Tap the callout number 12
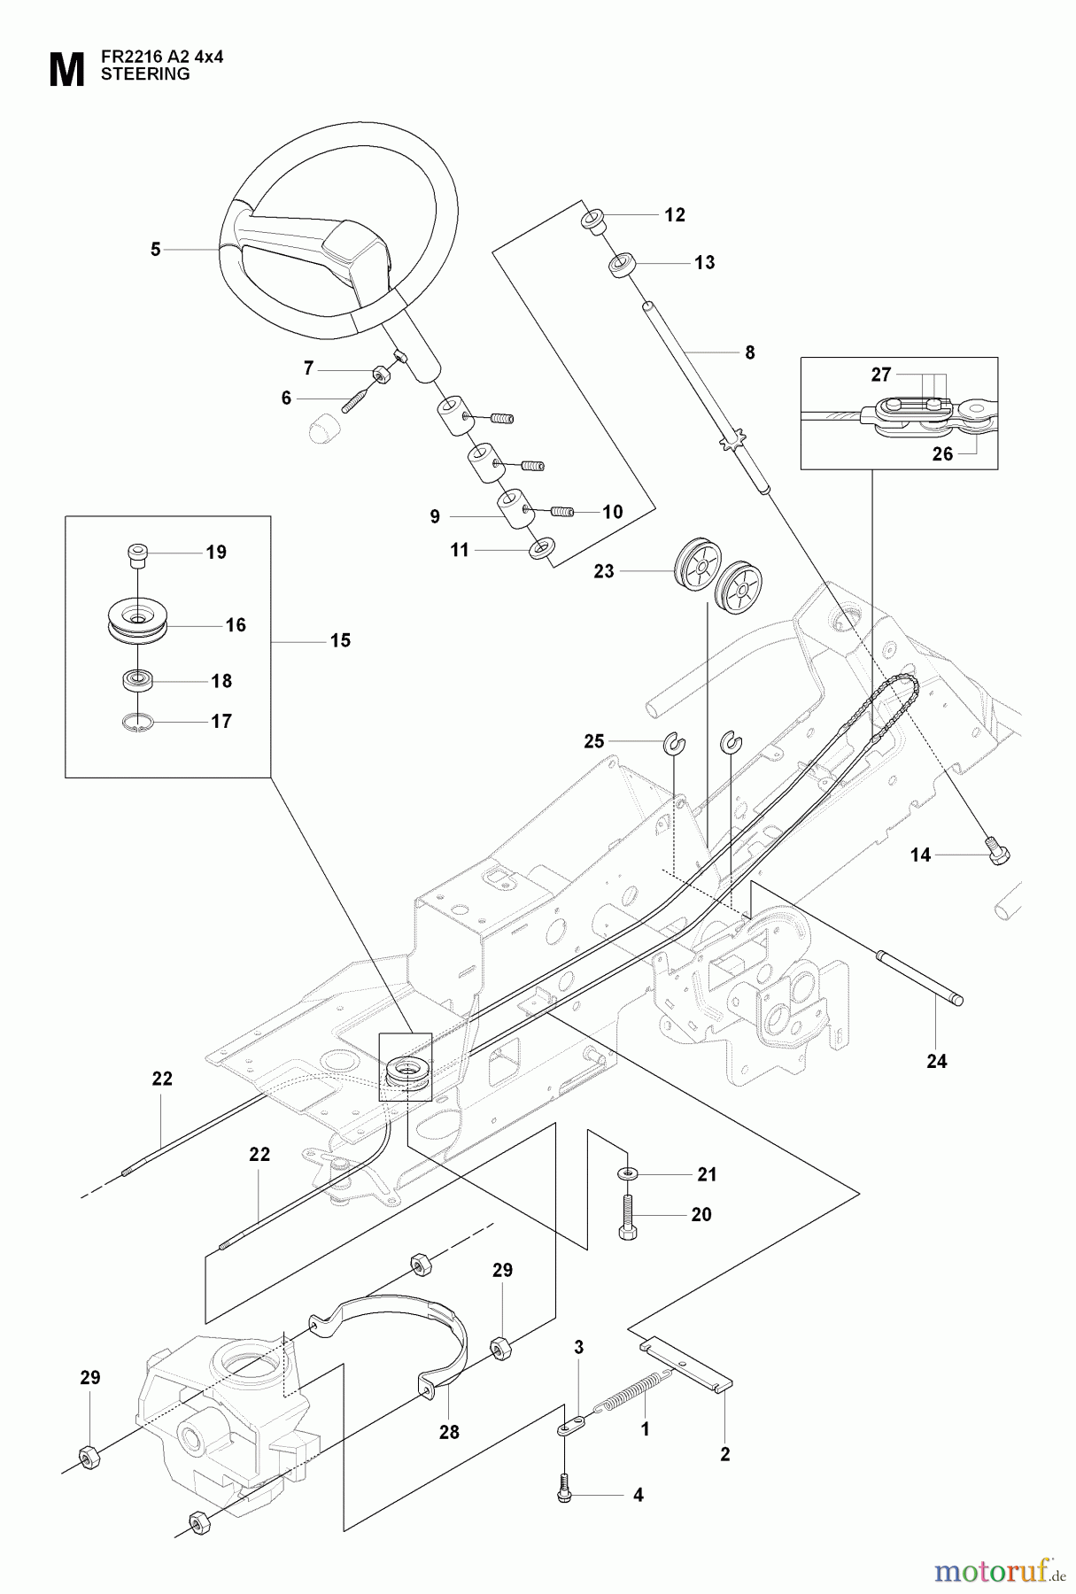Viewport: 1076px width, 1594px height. [x=675, y=215]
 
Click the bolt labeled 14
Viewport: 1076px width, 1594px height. [x=997, y=852]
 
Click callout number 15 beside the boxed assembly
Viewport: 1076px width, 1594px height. [x=340, y=640]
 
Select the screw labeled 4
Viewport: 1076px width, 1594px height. [x=563, y=1491]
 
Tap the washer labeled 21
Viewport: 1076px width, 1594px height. [x=627, y=1173]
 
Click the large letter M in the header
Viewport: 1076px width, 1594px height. [x=66, y=70]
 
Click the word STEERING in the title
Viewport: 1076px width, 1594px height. [x=145, y=74]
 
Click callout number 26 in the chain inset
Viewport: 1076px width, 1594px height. [x=942, y=453]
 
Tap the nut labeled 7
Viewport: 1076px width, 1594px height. [x=383, y=375]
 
